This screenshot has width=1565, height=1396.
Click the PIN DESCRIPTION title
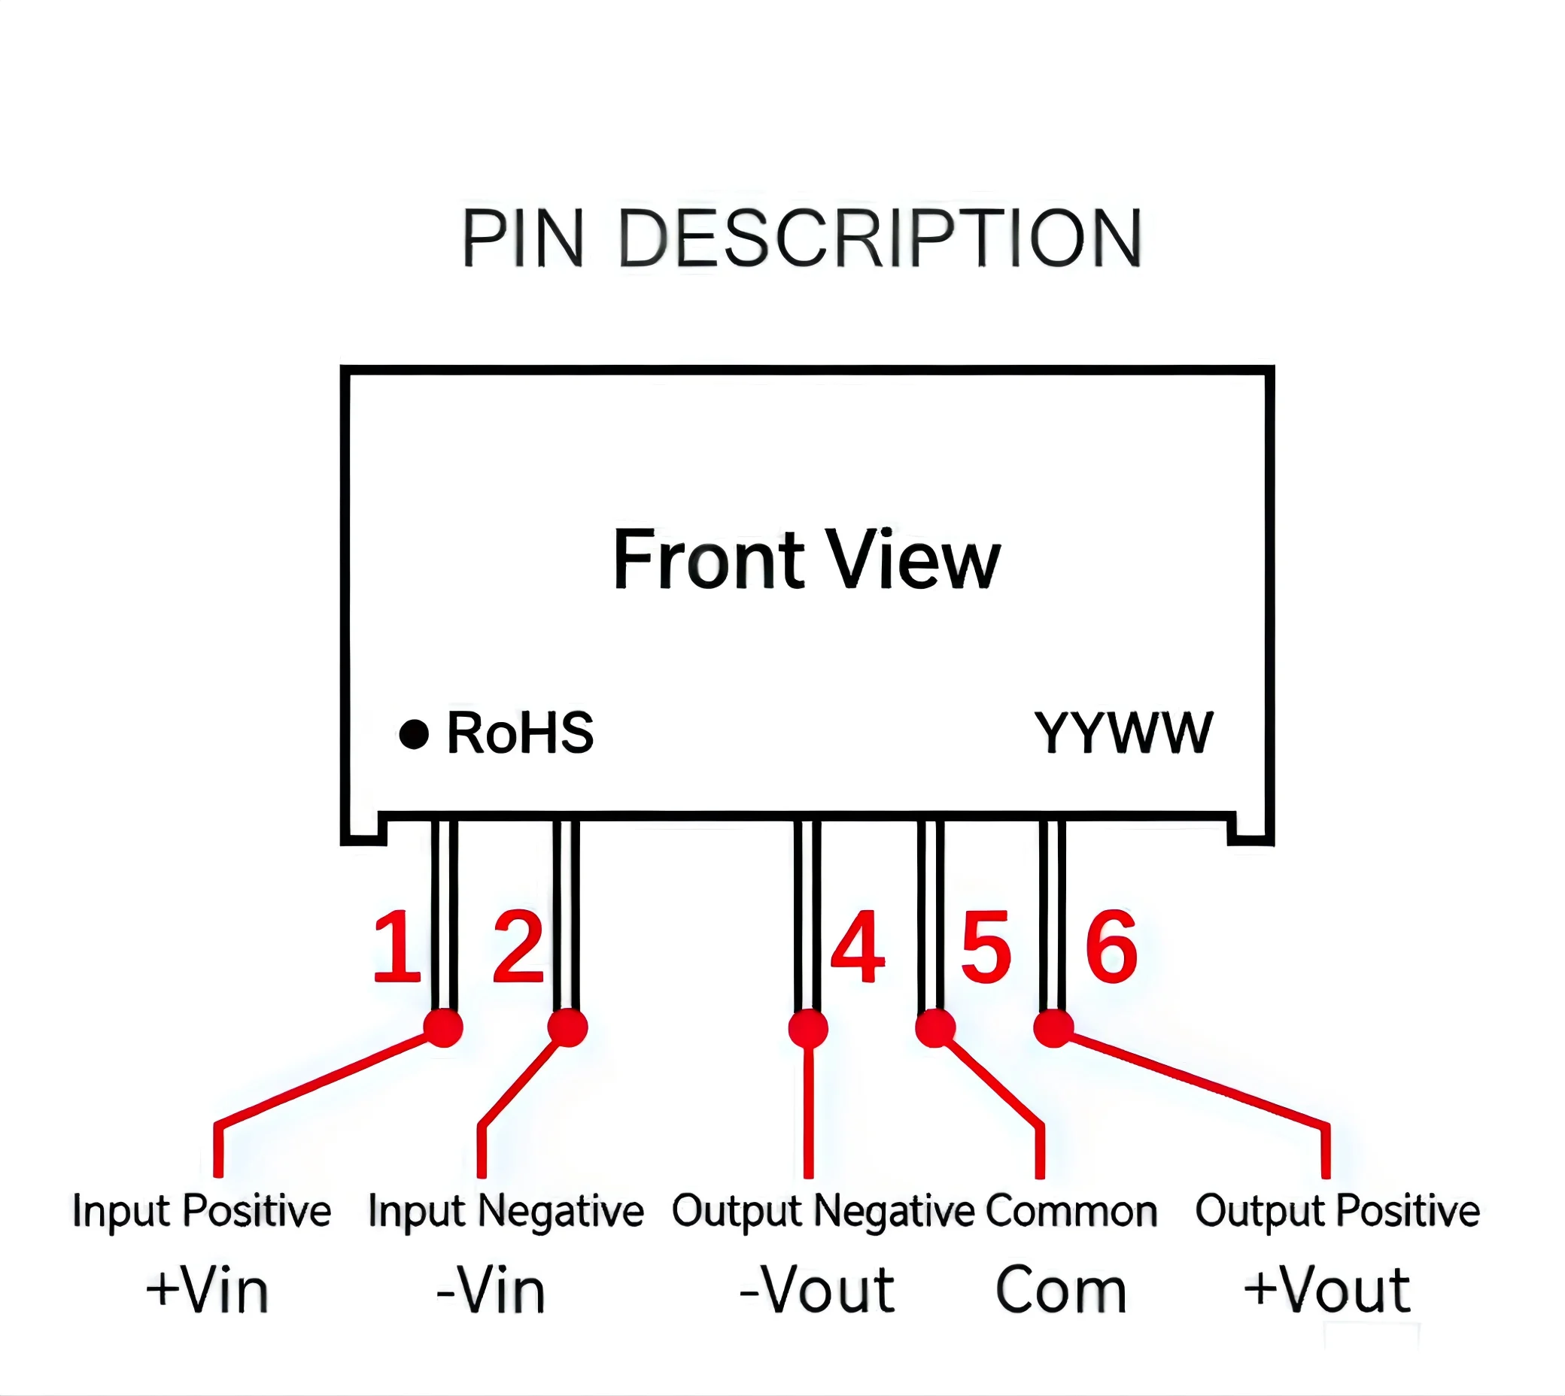(801, 238)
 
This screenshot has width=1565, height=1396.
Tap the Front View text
(807, 560)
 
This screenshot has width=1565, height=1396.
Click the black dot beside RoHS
(415, 734)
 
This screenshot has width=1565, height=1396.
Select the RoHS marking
(520, 733)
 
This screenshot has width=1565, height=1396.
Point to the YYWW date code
(1124, 733)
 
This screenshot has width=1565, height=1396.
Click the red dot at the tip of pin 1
(443, 1028)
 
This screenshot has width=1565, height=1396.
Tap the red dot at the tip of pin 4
(808, 1029)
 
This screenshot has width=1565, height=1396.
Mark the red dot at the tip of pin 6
(1054, 1028)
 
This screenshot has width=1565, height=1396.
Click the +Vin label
(207, 1290)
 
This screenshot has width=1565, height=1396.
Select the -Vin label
(491, 1290)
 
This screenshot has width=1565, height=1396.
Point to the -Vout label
(817, 1290)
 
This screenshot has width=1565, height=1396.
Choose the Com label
(1061, 1291)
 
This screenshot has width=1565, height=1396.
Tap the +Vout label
(1327, 1290)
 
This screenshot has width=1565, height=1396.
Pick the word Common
(1071, 1212)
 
